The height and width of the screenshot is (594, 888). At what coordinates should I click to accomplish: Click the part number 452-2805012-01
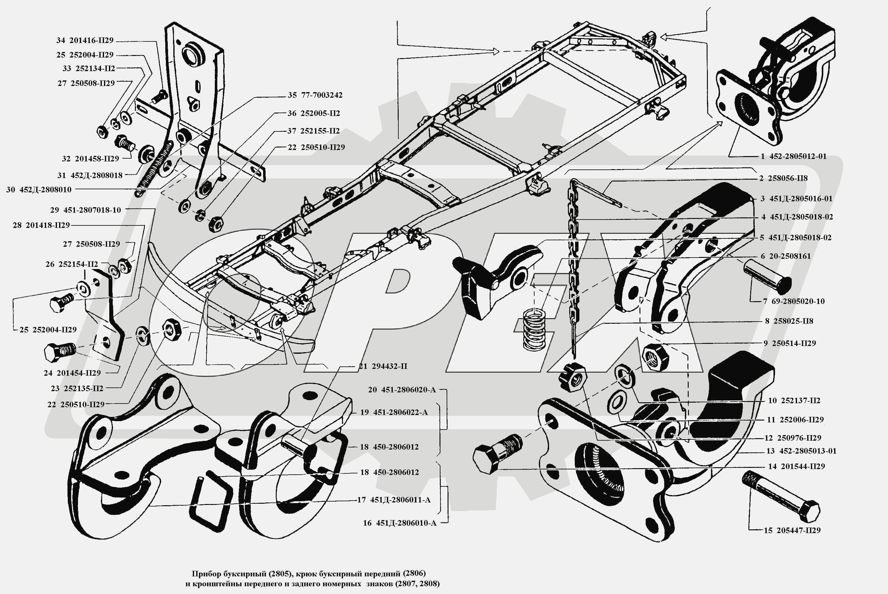pos(798,156)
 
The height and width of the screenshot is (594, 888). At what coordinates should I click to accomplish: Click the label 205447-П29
pos(799,530)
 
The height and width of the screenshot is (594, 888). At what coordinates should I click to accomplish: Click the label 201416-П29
pos(91,41)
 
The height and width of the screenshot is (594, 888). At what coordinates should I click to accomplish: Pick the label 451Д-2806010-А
pos(406,523)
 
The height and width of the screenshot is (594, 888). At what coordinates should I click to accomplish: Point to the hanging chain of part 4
pos(573,265)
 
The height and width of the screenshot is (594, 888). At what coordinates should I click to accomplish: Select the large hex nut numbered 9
pos(655,357)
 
